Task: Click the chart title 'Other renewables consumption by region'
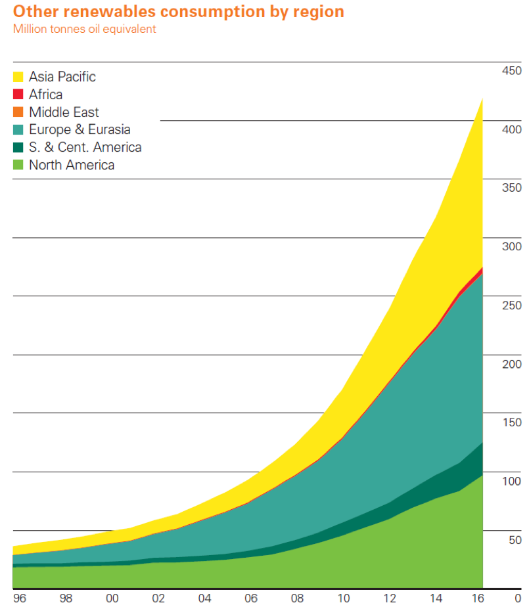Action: (179, 12)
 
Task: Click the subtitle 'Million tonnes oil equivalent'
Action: (84, 29)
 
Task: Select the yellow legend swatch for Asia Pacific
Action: (18, 77)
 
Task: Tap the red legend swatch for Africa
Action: (18, 94)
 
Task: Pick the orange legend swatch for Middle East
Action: (18, 112)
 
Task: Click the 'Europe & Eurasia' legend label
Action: (80, 129)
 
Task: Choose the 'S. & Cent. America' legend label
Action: (85, 147)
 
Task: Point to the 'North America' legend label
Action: (72, 165)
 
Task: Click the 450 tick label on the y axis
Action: (511, 71)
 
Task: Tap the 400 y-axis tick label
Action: (511, 129)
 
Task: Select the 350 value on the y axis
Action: (511, 188)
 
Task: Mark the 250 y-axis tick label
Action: (511, 305)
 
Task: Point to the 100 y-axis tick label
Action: (511, 481)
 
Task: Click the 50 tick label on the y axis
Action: (515, 539)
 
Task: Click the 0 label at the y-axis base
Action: (518, 598)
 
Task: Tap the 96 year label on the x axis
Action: (20, 598)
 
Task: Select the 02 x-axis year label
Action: (158, 598)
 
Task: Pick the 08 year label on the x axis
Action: (297, 598)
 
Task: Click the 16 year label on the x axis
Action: (478, 598)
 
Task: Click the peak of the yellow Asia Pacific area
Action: (482, 99)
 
